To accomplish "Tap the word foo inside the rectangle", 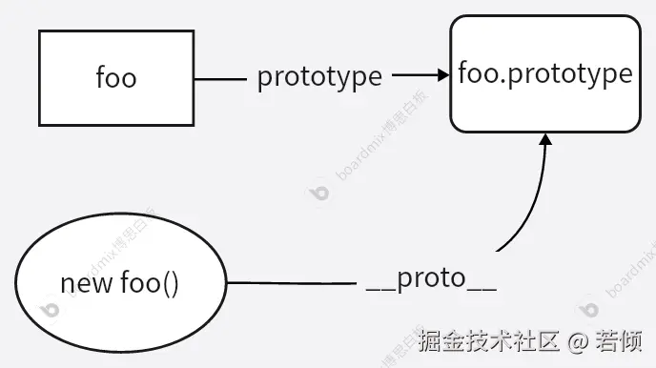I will coord(116,77).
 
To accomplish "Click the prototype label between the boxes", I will coord(319,77).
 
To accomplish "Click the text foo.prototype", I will coord(545,73).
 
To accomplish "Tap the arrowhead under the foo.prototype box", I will coord(545,140).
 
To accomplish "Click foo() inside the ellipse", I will coord(151,283).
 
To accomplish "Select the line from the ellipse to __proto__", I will coord(291,283).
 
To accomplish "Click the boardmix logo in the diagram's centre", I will coord(318,193).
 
